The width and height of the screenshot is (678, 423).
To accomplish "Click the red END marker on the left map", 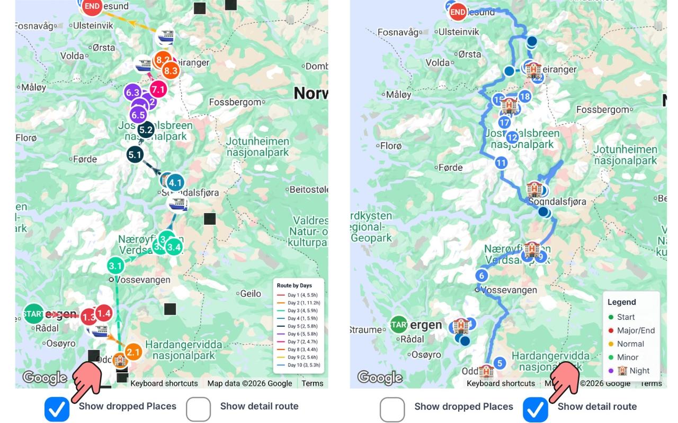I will [x=92, y=6].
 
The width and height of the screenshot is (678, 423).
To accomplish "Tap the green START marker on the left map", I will [x=34, y=314].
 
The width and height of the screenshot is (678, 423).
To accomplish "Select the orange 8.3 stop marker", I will [x=170, y=70].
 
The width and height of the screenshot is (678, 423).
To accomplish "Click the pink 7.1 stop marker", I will [x=158, y=89].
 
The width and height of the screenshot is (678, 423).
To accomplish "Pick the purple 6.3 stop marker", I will [x=133, y=93].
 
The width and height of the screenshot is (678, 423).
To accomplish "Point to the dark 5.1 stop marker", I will [x=135, y=155].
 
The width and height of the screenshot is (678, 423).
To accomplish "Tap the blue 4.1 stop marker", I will [x=175, y=183].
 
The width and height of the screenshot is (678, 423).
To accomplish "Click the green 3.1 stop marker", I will [x=115, y=265].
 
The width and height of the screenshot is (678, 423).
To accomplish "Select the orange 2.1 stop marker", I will [x=133, y=352].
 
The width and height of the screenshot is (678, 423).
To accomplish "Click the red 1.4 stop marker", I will [x=104, y=313].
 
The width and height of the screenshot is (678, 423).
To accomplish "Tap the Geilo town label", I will [x=251, y=293].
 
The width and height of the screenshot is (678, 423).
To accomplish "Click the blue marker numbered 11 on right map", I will [x=501, y=163].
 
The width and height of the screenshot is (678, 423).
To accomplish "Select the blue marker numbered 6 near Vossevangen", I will [x=481, y=275].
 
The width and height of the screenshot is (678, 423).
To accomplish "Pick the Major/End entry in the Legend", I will [x=636, y=330].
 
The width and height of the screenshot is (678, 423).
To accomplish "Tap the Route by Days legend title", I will [x=295, y=286].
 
